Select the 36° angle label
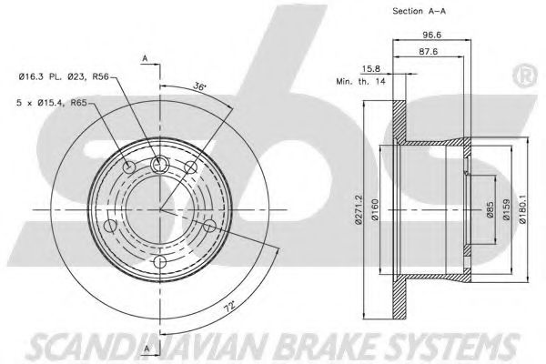tap(197, 86)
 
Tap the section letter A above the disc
tap(145, 59)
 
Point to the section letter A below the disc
tap(145, 349)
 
